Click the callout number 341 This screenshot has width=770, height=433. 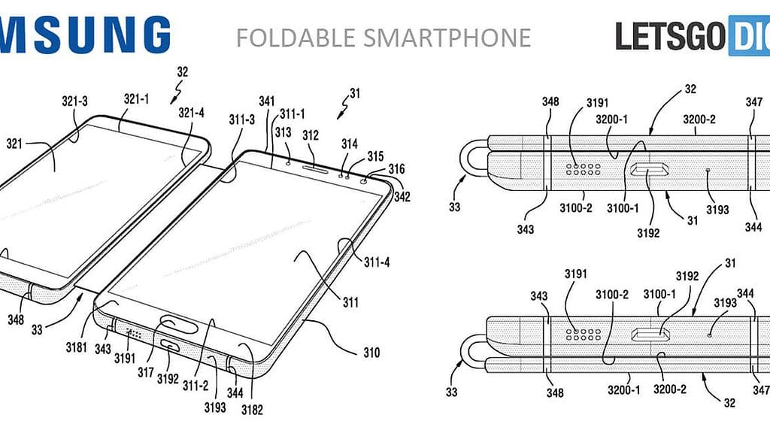tap(266, 100)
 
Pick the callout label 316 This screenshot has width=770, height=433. tap(396, 170)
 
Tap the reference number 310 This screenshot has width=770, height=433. tap(371, 353)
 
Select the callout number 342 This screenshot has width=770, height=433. tap(402, 197)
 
